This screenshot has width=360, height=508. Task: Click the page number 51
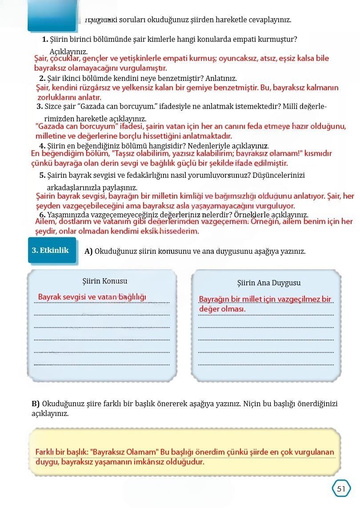coord(341,488)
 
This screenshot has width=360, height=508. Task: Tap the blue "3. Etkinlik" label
coord(50,250)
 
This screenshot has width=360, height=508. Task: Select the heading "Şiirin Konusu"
coord(105,281)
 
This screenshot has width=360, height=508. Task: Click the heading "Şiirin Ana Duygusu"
coord(269,283)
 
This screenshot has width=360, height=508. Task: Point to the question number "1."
coord(45,40)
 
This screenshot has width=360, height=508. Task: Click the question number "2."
coord(42,78)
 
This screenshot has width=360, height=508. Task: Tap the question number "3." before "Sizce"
coord(40,106)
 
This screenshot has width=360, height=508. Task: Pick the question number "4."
coord(42,146)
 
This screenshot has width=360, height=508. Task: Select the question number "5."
coord(42,175)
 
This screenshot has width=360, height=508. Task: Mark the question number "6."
coord(42,215)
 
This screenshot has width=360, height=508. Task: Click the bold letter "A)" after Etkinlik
coord(88,251)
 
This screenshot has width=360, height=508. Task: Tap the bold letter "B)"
coord(36,404)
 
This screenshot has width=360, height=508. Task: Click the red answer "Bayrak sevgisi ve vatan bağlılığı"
coord(92,297)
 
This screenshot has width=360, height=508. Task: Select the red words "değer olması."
coord(222,309)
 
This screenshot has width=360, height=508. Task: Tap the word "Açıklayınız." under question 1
coord(68,51)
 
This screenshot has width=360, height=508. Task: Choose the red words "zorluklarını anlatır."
coord(69,97)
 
